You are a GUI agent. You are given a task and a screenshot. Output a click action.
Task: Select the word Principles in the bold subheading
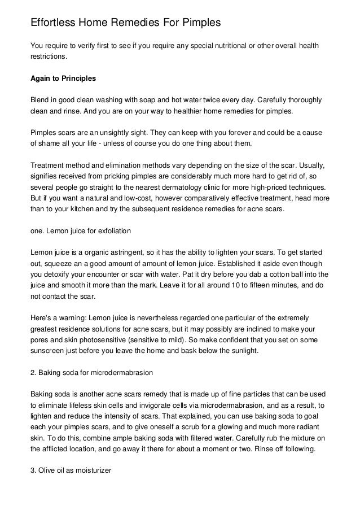tap(77, 78)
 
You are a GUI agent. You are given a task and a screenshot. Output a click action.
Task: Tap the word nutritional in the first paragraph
tap(226, 46)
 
